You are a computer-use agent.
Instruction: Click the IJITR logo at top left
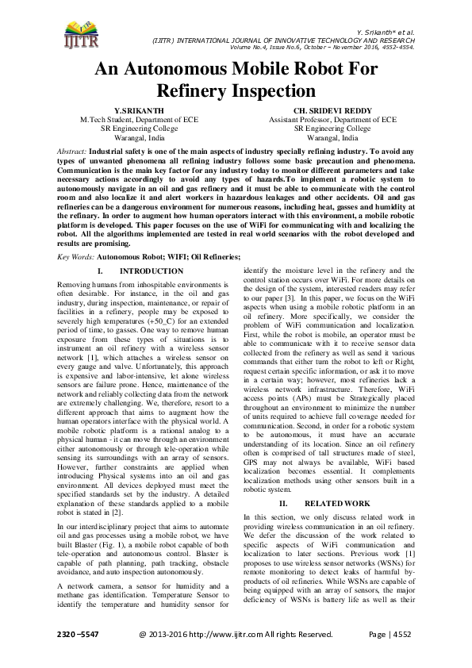tap(75, 33)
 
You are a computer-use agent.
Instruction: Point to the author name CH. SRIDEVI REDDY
tap(332, 110)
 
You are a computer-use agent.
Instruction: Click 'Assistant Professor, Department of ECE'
tap(332, 119)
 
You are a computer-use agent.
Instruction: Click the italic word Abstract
tap(73, 150)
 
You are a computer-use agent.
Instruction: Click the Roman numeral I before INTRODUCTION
tap(98, 271)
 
